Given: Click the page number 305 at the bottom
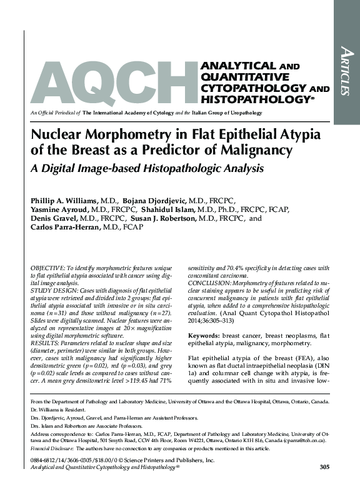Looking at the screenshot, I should click(x=324, y=467).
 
